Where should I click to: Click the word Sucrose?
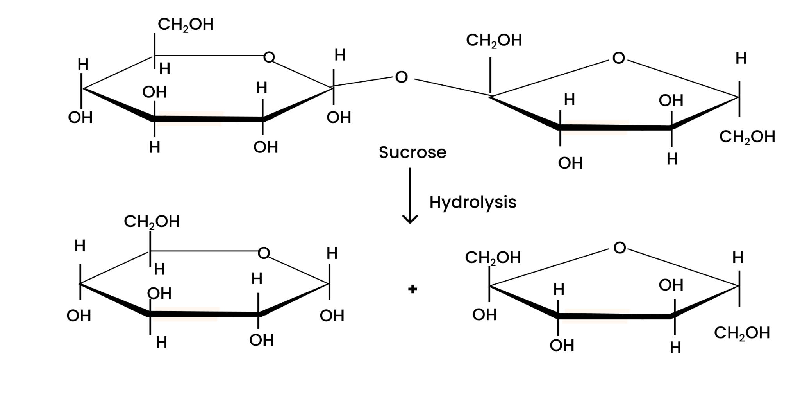412,152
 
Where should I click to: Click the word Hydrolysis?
473,203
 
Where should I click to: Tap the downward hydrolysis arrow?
410,196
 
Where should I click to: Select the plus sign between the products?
412,289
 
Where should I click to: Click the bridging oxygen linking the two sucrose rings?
401,77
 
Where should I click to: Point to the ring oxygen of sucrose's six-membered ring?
269,57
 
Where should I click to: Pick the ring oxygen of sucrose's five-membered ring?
618,58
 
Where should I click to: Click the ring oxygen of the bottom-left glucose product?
264,253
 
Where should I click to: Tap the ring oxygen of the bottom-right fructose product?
620,248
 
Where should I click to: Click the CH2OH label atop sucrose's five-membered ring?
494,41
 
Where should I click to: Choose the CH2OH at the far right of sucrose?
747,137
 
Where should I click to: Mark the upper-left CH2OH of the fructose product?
493,258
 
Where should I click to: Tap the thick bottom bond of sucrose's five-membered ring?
615,127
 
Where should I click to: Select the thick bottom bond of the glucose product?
203,314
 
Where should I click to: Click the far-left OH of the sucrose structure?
80,118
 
